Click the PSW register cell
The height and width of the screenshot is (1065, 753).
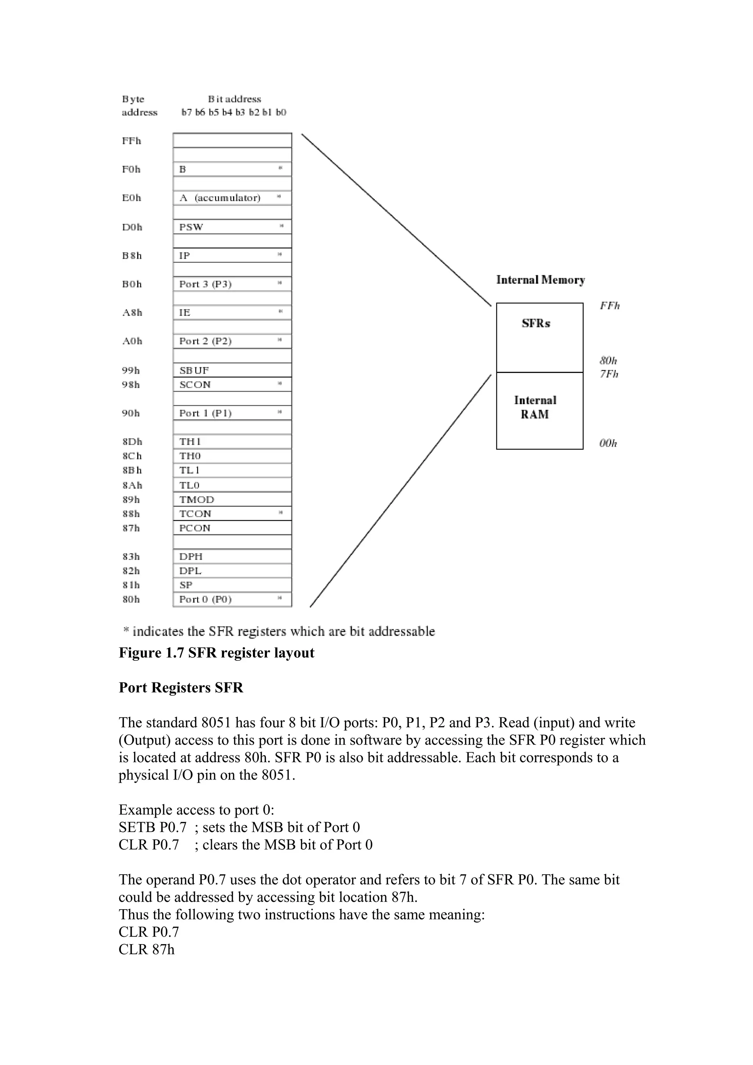point(232,227)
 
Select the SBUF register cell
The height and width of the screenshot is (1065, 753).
point(232,370)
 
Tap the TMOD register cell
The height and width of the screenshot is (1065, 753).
point(232,499)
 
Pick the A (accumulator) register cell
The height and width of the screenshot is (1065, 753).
point(232,198)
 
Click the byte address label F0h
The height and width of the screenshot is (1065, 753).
point(131,169)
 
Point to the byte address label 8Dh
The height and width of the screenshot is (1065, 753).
point(132,442)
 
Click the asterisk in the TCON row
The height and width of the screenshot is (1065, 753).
point(280,513)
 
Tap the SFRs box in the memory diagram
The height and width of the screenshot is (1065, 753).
point(539,337)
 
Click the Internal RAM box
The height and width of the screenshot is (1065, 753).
point(539,410)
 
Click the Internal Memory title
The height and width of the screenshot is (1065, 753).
point(540,280)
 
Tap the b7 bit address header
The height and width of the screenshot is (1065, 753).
point(186,112)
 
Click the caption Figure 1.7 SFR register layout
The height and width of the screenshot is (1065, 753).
point(216,653)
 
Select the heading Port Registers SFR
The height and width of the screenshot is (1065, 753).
point(181,688)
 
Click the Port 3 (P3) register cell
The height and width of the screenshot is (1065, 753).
point(232,284)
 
